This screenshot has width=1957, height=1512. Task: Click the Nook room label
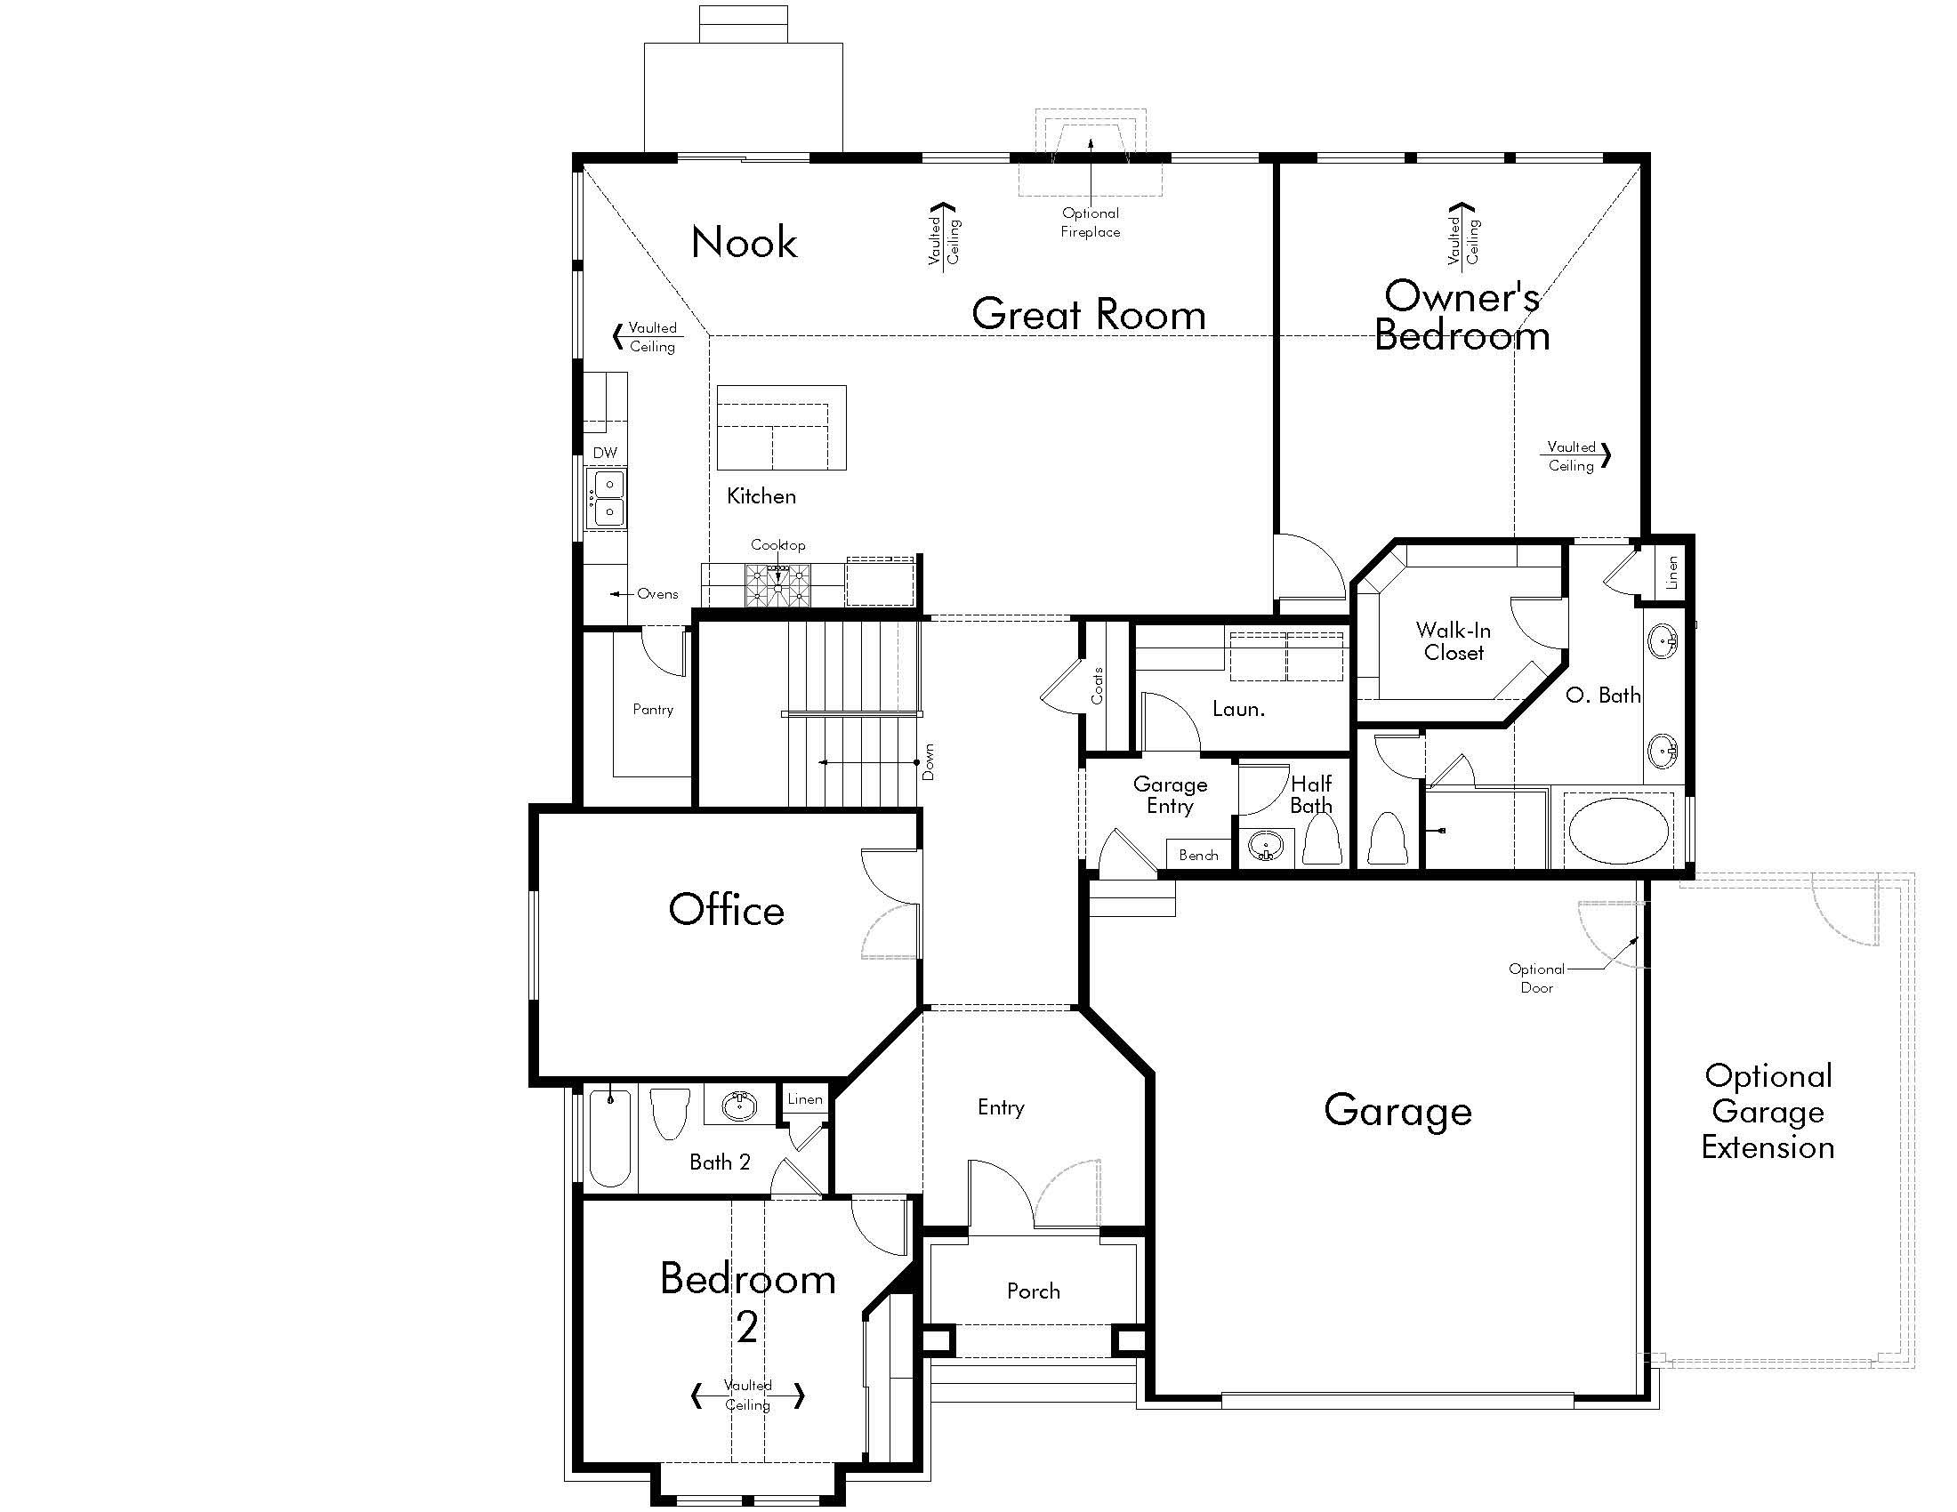pyautogui.click(x=744, y=242)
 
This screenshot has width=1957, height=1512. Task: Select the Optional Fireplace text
pyautogui.click(x=1091, y=222)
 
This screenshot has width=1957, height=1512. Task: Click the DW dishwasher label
pyautogui.click(x=605, y=453)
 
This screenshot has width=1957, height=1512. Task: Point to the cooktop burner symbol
pyautogui.click(x=777, y=585)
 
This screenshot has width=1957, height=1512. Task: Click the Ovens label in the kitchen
pyautogui.click(x=657, y=594)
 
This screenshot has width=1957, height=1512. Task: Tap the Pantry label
pyautogui.click(x=652, y=710)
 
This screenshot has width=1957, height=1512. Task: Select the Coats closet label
pyautogui.click(x=1098, y=686)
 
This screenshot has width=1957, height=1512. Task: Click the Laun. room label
pyautogui.click(x=1238, y=709)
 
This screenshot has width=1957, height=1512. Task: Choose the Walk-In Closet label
pyautogui.click(x=1454, y=641)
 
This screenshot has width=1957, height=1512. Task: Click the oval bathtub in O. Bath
pyautogui.click(x=1619, y=832)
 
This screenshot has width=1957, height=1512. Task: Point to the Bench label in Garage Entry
pyautogui.click(x=1198, y=856)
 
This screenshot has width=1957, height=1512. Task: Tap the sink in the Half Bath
pyautogui.click(x=1265, y=847)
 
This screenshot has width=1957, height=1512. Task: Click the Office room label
pyautogui.click(x=727, y=909)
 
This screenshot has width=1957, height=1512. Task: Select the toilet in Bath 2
pyautogui.click(x=669, y=1113)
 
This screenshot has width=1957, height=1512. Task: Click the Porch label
pyautogui.click(x=1033, y=1291)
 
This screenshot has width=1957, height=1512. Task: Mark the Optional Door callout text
pyautogui.click(x=1537, y=978)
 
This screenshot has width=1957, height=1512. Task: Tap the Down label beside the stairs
pyautogui.click(x=929, y=761)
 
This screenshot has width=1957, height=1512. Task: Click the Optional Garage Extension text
pyautogui.click(x=1768, y=1112)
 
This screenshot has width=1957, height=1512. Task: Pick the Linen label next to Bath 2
pyautogui.click(x=805, y=1099)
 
